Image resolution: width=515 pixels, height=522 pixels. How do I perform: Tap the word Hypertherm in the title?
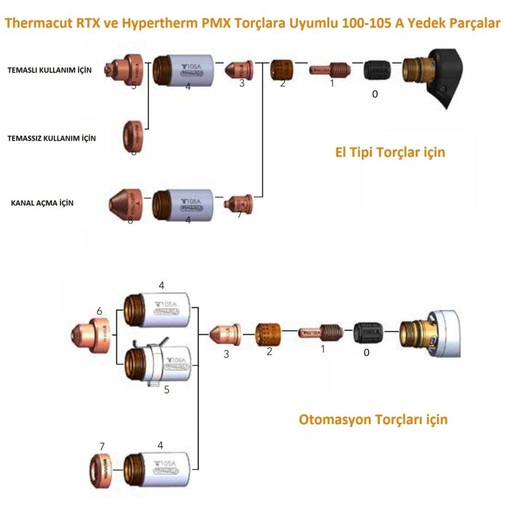click(146, 24)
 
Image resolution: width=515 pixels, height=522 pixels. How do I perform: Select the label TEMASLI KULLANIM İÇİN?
click(49, 70)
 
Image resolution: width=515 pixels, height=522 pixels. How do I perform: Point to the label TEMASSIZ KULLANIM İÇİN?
click(52, 138)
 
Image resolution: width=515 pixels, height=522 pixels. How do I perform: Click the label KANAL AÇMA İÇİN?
click(42, 203)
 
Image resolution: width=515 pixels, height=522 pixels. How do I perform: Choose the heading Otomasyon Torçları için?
click(373, 419)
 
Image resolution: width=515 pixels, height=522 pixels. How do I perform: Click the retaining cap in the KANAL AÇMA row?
click(182, 205)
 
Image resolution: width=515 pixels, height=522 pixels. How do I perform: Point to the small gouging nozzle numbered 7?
click(238, 203)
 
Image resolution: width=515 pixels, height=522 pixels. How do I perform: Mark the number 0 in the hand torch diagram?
click(375, 94)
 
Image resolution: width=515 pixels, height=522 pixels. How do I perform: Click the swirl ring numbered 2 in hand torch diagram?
click(282, 70)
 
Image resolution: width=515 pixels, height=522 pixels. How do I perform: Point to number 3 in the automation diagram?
click(226, 354)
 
